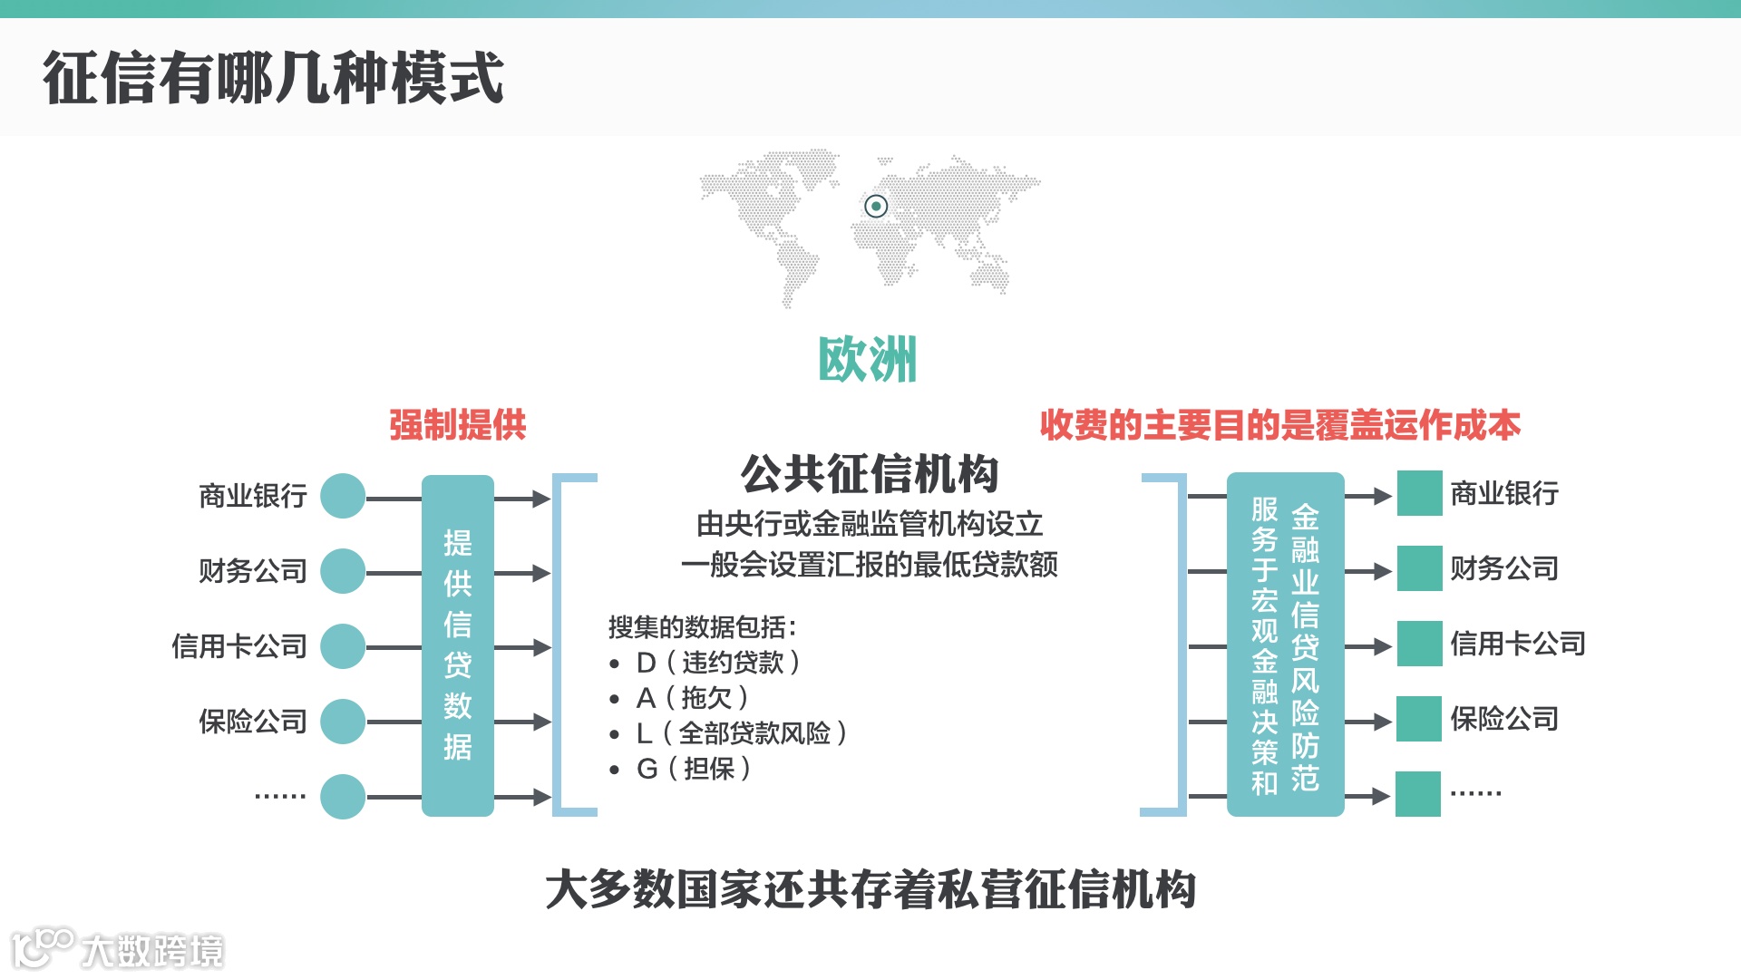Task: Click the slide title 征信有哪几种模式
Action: click(x=272, y=78)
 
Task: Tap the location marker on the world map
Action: click(x=875, y=207)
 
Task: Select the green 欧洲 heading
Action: click(x=868, y=360)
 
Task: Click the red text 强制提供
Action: click(x=457, y=425)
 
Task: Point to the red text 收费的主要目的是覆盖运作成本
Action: click(x=1279, y=425)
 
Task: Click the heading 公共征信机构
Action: click(x=870, y=474)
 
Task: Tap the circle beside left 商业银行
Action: click(x=343, y=496)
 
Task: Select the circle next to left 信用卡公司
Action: click(x=343, y=646)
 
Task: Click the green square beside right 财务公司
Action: click(x=1419, y=568)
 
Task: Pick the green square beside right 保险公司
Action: click(x=1419, y=719)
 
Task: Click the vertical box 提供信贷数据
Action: click(x=458, y=645)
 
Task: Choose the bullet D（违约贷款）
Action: click(x=717, y=663)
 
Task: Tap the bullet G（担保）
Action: click(x=693, y=769)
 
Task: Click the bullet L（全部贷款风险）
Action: click(x=741, y=733)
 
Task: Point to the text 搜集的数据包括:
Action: click(x=702, y=627)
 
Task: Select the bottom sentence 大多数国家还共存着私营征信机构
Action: click(x=870, y=889)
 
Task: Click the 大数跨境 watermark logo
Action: click(x=118, y=949)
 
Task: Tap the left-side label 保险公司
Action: click(x=253, y=722)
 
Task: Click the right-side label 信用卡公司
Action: click(x=1517, y=644)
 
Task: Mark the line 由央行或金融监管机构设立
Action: click(x=870, y=524)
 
